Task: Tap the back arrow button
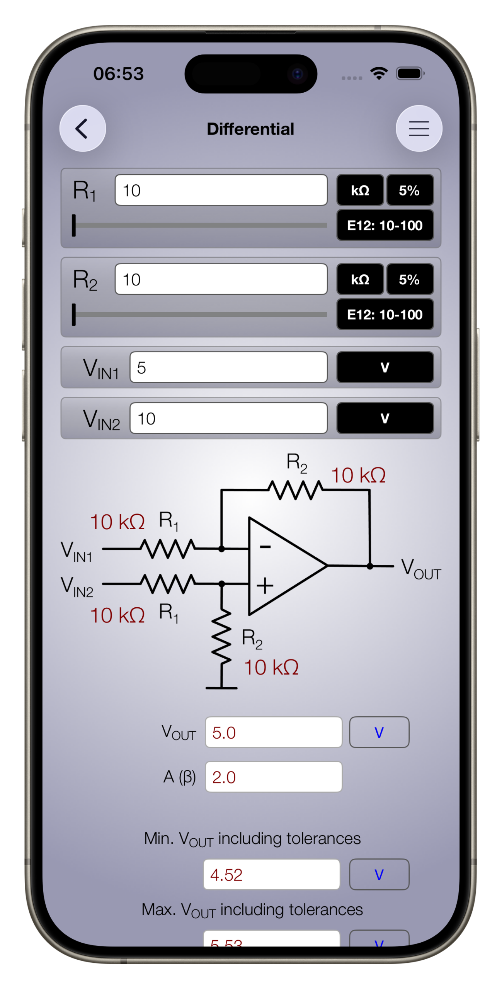tap(82, 128)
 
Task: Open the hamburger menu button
tap(419, 128)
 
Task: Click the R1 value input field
tap(221, 190)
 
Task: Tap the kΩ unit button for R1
tap(360, 190)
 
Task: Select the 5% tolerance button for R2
tap(410, 279)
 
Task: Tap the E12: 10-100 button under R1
tap(385, 225)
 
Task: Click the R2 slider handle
tap(74, 314)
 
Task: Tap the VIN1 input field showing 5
tap(228, 367)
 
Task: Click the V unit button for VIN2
tap(385, 418)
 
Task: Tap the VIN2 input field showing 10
tap(228, 418)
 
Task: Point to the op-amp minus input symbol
tap(265, 547)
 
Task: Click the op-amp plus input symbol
tap(265, 586)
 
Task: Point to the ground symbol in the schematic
tap(221, 688)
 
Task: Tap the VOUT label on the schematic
tap(420, 569)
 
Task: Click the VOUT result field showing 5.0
tap(274, 732)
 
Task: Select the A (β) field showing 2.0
tap(274, 777)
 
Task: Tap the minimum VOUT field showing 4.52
tap(272, 875)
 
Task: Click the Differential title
tap(250, 129)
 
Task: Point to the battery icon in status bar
tap(410, 73)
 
